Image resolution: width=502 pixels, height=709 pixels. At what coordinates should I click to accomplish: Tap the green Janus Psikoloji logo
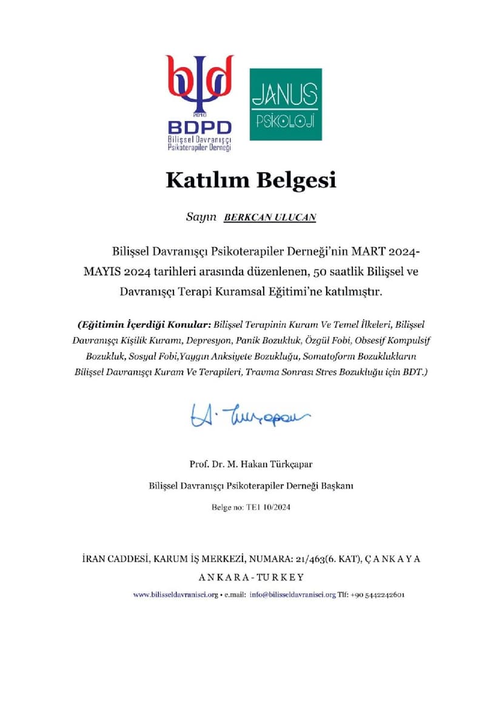click(286, 104)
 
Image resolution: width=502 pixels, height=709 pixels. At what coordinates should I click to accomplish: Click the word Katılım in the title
click(205, 181)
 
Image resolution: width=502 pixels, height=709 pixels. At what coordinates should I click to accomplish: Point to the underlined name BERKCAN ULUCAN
click(270, 218)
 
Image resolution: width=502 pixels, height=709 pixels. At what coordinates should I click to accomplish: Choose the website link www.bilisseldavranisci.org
click(175, 594)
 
